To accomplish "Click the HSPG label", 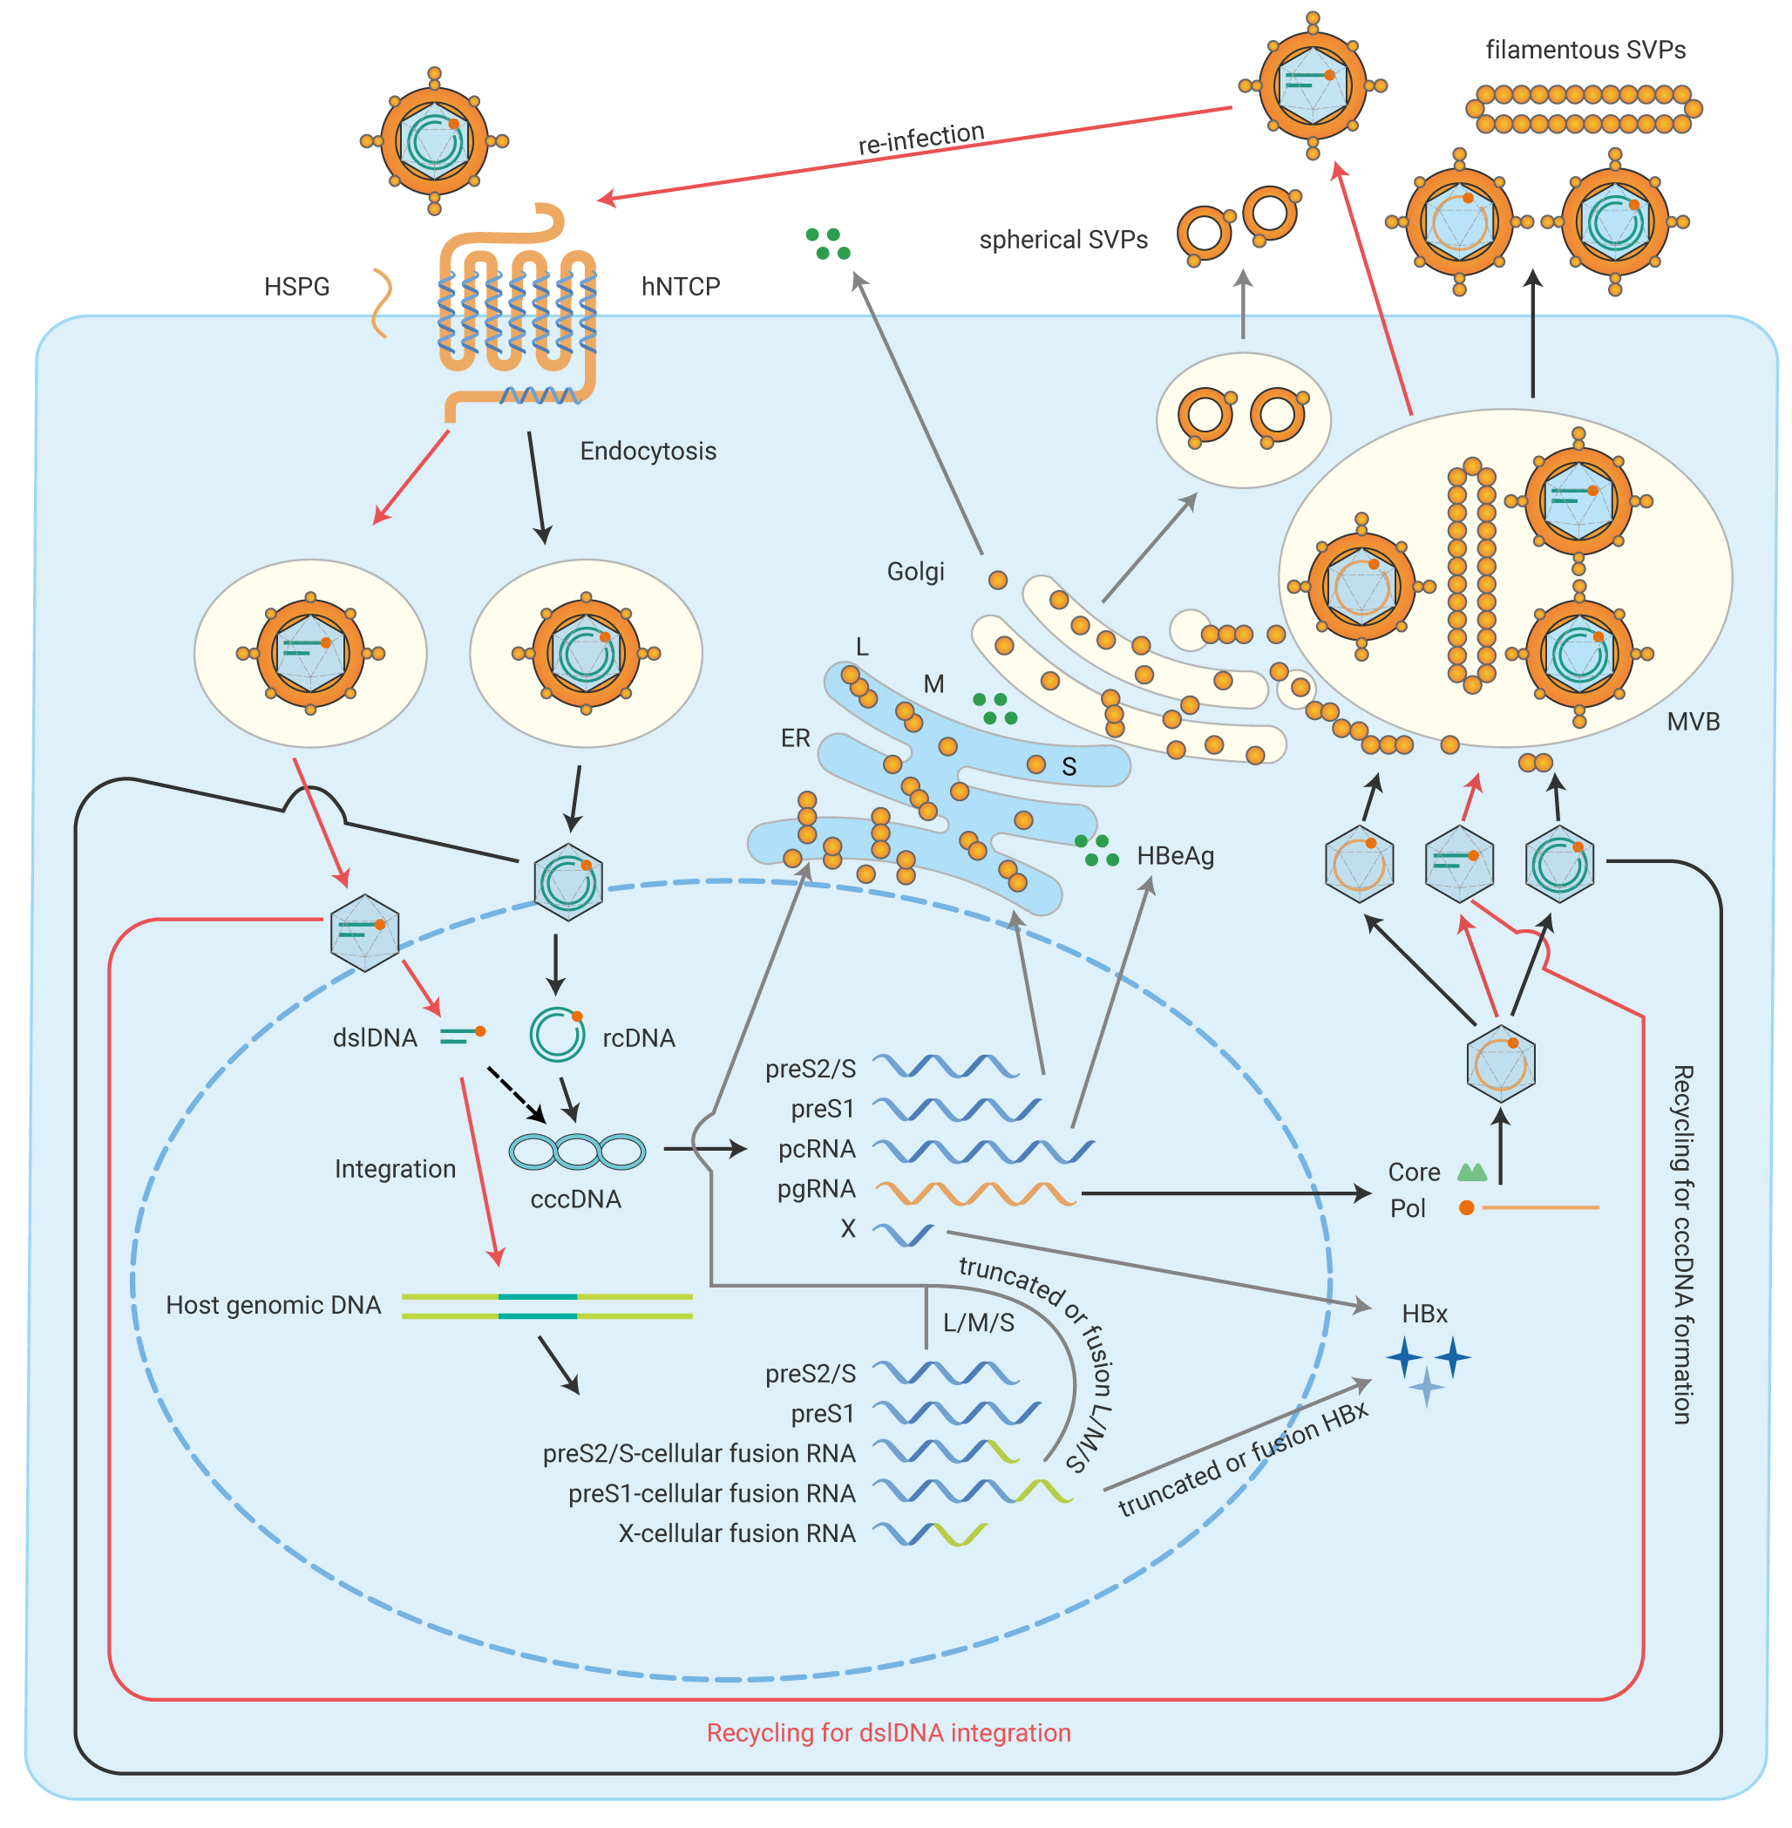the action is click(x=296, y=286).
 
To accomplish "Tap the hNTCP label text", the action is click(x=681, y=286).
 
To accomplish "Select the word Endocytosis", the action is click(x=648, y=451).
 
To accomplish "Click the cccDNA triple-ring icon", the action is click(x=577, y=1152).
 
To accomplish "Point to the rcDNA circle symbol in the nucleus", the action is click(x=557, y=1035).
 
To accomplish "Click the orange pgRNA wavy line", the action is click(x=975, y=1193).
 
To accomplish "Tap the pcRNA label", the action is click(x=817, y=1148).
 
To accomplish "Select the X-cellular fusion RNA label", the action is click(x=737, y=1533).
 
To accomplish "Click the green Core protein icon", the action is click(x=1472, y=1172).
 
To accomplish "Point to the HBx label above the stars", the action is click(x=1424, y=1314).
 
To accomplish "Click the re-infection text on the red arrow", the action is click(x=921, y=139).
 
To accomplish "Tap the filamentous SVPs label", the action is click(x=1586, y=50).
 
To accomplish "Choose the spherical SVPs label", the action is click(x=1063, y=240).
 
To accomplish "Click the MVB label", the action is click(x=1694, y=722).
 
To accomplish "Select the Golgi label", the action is click(x=916, y=571).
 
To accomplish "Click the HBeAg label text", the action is click(x=1176, y=856).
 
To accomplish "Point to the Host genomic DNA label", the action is click(x=273, y=1306).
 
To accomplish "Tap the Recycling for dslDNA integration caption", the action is click(x=888, y=1733).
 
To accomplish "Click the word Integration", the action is click(x=396, y=1169).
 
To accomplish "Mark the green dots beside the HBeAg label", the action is click(x=1096, y=850).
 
